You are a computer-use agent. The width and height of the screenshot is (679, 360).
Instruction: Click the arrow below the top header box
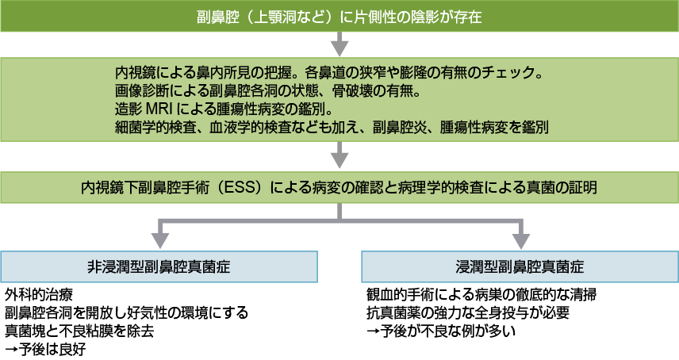(x=339, y=43)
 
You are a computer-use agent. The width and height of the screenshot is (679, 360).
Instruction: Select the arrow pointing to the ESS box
(x=339, y=153)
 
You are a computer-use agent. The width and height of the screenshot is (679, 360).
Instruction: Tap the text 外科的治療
(x=35, y=294)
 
